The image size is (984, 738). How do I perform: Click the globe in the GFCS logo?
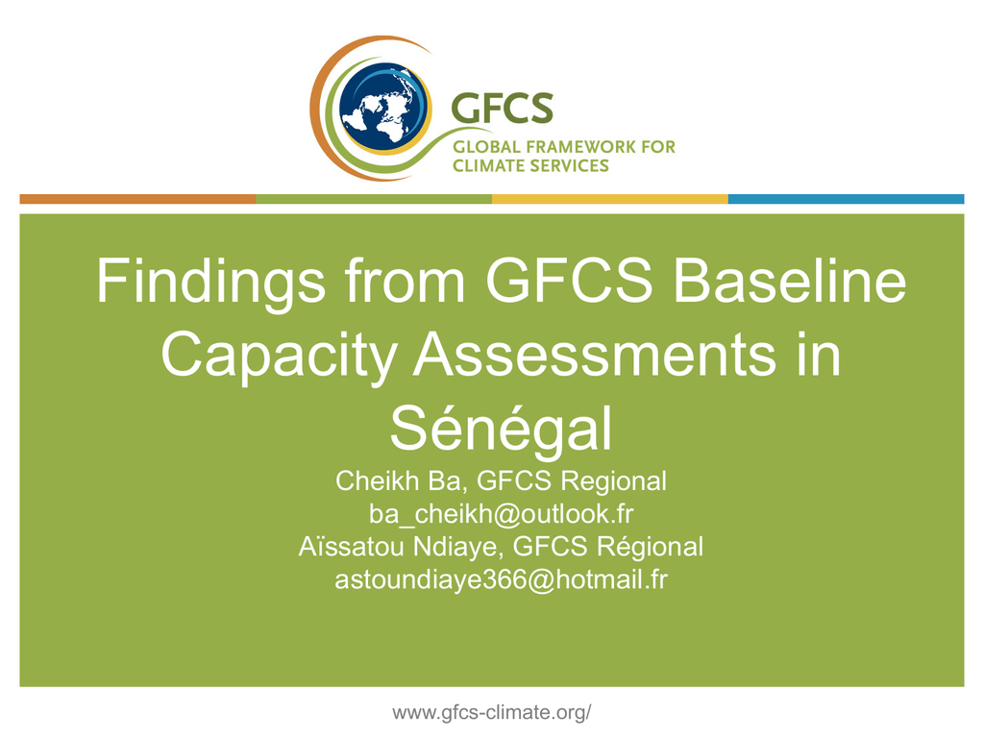point(385,108)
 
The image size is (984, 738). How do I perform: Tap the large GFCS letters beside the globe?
point(503,108)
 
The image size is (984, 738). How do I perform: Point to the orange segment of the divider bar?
point(137,199)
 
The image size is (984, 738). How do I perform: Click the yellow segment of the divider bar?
point(610,199)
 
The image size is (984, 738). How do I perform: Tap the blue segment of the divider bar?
point(846,199)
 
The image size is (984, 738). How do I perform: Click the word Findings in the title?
point(210,283)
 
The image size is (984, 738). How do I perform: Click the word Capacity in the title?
point(279,357)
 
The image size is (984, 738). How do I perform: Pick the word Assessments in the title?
point(595,355)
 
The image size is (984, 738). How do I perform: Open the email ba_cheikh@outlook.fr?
point(501,514)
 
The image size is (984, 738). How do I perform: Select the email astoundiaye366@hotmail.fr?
point(501,579)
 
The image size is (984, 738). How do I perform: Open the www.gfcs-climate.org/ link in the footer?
point(492,712)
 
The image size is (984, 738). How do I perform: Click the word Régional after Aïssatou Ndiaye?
point(651,547)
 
